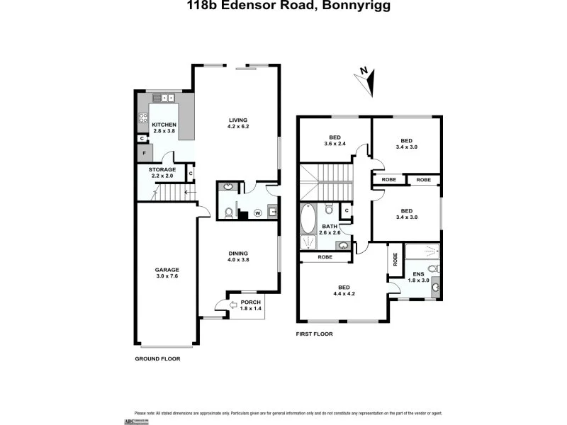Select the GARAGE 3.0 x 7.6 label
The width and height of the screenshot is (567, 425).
click(167, 273)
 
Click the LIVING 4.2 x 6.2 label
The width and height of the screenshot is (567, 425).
click(237, 123)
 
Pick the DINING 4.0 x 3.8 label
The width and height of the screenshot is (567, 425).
click(237, 256)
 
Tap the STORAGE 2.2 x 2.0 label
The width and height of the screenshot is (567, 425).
click(162, 174)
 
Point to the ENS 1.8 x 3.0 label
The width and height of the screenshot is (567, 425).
click(419, 276)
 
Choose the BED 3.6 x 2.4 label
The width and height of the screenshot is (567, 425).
click(335, 141)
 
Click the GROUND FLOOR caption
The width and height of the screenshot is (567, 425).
click(157, 359)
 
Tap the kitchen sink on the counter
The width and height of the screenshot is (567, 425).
click(169, 98)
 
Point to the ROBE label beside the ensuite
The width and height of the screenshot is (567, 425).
click(394, 259)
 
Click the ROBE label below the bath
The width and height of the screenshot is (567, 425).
click(325, 257)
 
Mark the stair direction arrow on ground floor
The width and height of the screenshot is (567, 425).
click(188, 191)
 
